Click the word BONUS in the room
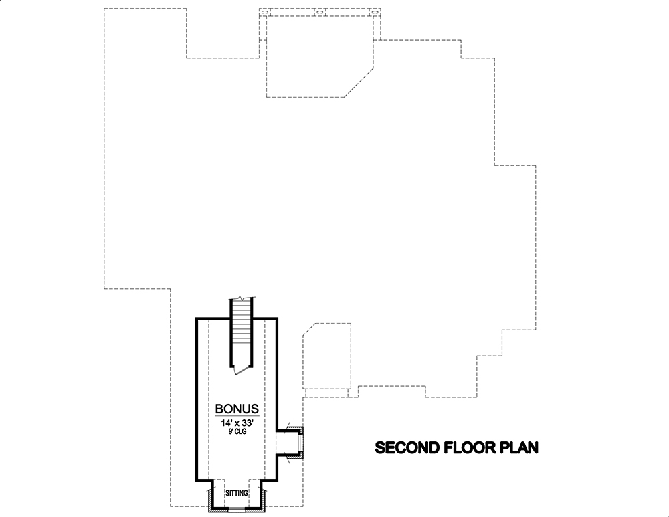(236, 408)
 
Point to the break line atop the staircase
(242, 298)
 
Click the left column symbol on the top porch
(264, 11)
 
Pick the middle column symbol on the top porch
(320, 11)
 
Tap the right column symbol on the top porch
(375, 11)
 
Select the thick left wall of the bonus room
(196, 401)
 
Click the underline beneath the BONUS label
(236, 416)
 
